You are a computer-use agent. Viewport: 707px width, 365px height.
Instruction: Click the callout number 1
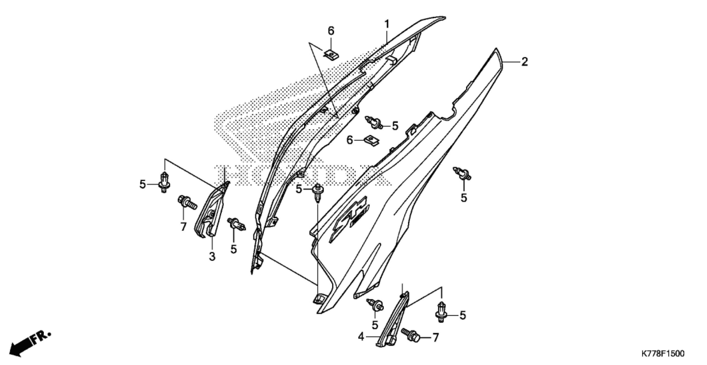(x=387, y=24)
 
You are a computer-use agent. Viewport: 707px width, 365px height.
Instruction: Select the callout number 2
(x=524, y=62)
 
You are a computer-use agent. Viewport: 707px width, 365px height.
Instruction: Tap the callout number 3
(x=212, y=257)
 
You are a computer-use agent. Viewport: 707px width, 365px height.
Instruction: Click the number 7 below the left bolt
(x=183, y=227)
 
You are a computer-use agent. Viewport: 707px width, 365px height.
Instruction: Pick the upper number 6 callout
(x=331, y=31)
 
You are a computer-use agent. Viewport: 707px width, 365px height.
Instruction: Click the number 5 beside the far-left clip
(x=142, y=184)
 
